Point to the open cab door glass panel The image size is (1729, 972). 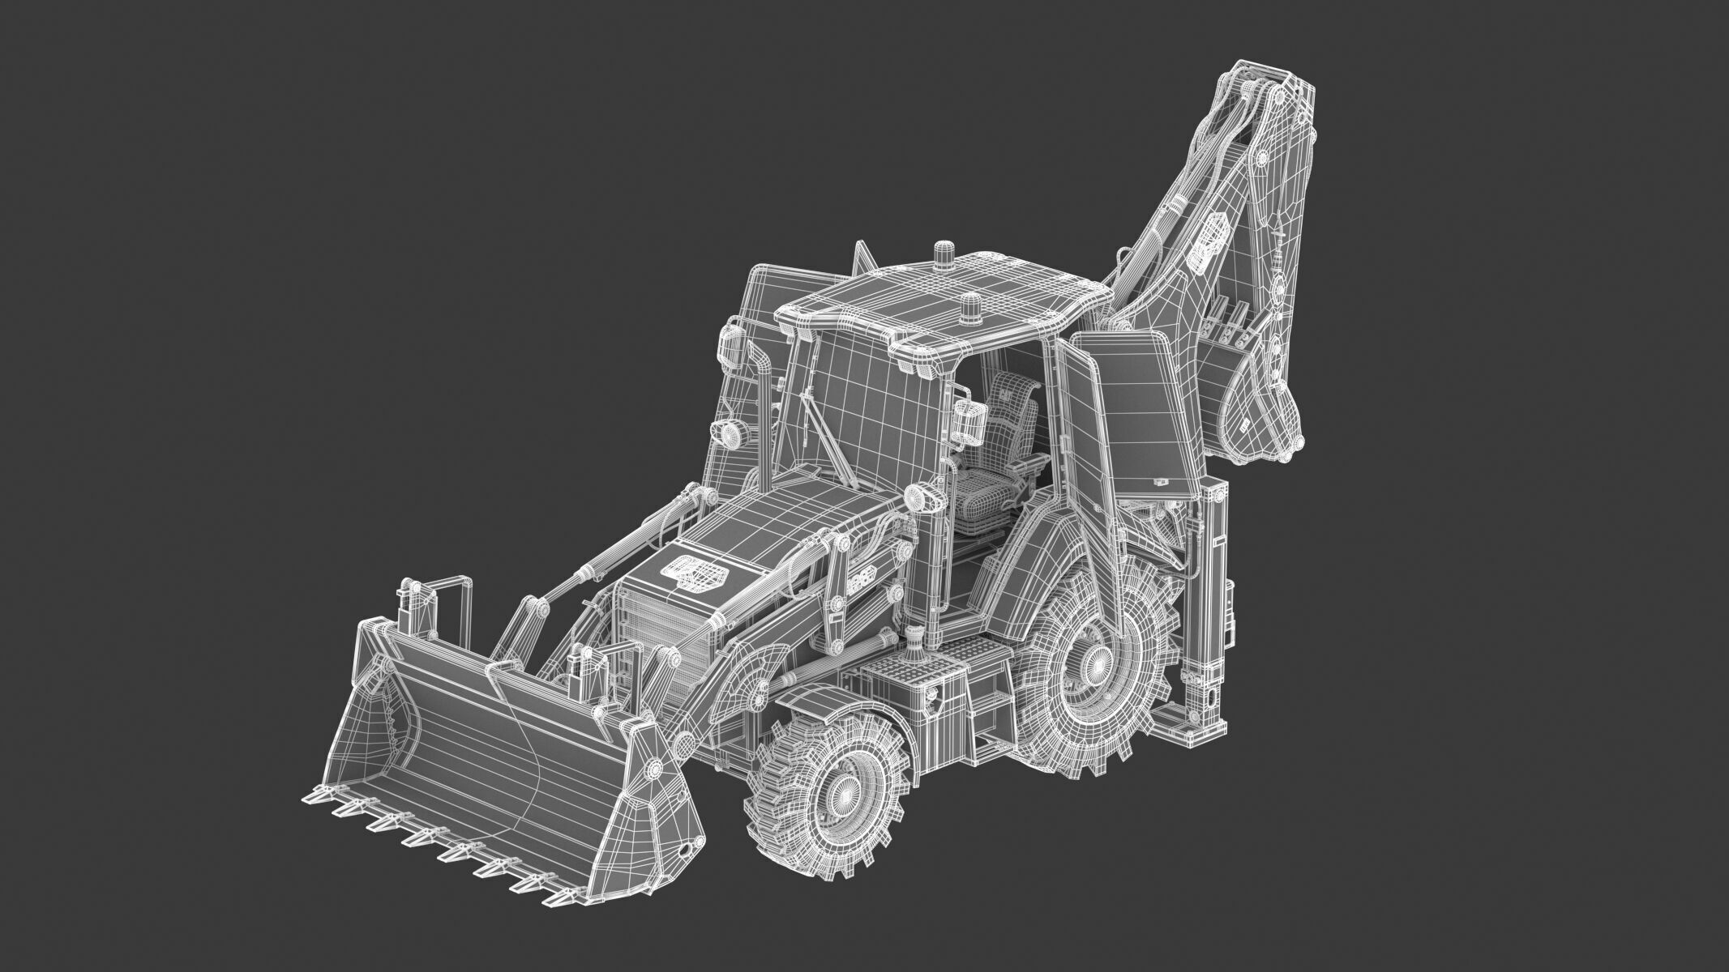click(1086, 441)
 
